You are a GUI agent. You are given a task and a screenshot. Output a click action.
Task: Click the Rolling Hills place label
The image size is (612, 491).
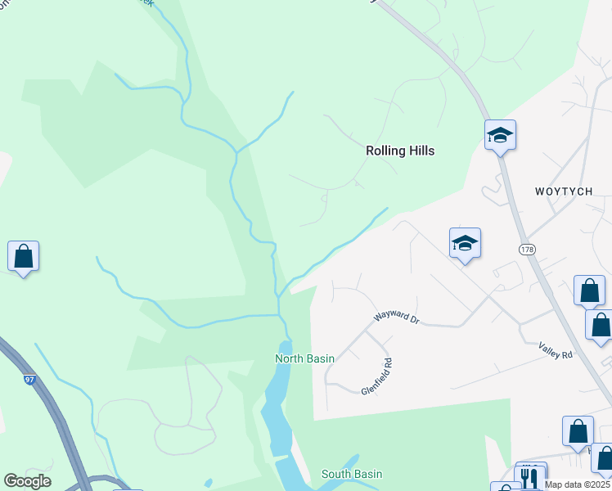[399, 151]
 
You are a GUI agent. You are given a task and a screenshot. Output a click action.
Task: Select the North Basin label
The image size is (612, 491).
[304, 358]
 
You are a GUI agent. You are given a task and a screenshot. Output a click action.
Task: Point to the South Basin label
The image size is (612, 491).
[351, 474]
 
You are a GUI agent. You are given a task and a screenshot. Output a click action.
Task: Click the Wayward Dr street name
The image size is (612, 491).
[396, 316]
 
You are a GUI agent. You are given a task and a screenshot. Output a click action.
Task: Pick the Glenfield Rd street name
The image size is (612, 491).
[376, 376]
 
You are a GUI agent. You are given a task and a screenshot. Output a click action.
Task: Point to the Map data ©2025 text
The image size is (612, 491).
[578, 484]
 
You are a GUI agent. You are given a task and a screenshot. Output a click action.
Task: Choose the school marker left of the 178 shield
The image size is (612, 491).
[465, 243]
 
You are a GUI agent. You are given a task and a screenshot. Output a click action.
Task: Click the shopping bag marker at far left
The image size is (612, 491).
[24, 256]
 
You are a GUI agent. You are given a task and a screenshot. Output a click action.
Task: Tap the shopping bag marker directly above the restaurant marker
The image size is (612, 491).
[578, 430]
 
